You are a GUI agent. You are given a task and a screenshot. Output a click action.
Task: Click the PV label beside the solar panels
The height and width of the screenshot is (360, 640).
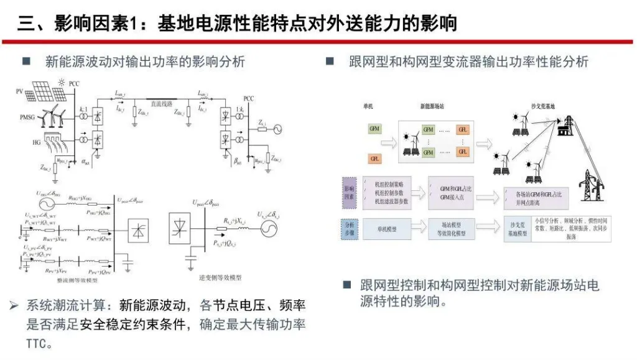pos(19,92)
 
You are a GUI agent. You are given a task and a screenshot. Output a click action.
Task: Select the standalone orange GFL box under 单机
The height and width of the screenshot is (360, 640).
pos(374,159)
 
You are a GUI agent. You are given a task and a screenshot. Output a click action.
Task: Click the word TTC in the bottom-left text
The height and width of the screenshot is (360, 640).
pos(35,344)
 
